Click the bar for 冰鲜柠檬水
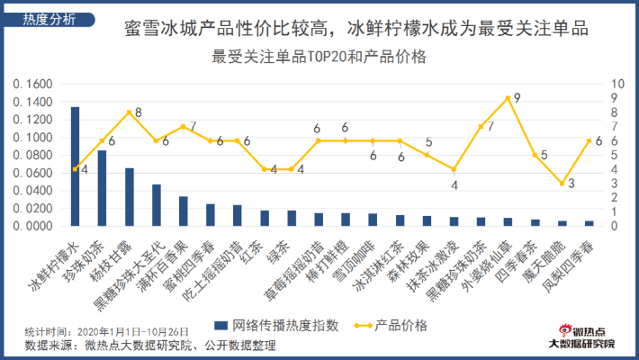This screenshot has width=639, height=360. click(75, 166)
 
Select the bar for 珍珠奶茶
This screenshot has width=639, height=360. click(102, 188)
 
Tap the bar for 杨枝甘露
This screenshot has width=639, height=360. click(129, 196)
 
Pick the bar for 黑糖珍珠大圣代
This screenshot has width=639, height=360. click(156, 205)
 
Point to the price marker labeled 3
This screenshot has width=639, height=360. click(562, 184)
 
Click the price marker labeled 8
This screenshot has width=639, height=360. click(129, 112)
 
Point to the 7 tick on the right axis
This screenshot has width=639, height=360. click(612, 127)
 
